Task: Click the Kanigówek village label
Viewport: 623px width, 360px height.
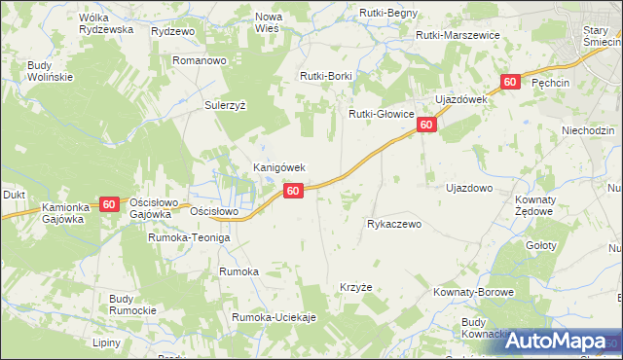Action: (x=279, y=167)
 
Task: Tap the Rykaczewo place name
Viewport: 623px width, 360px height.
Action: (x=393, y=224)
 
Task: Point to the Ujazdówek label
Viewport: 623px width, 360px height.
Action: (x=459, y=100)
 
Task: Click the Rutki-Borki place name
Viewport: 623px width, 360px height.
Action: (x=326, y=75)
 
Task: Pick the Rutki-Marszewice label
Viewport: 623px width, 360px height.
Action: (x=457, y=35)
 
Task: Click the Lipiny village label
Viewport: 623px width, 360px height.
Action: (x=106, y=342)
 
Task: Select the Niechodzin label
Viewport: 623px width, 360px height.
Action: (x=588, y=129)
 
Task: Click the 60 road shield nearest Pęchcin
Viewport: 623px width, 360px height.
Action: (x=509, y=83)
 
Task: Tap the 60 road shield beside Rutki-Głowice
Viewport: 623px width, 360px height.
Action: (x=425, y=126)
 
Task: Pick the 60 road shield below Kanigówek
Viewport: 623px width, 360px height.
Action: (x=294, y=193)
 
